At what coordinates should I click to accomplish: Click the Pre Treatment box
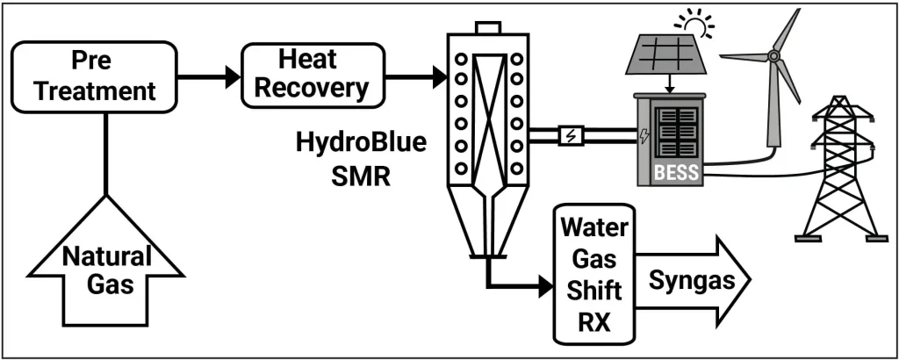pos(103,76)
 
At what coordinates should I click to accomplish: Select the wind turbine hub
pos(773,56)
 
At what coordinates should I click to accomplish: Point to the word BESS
pos(677,173)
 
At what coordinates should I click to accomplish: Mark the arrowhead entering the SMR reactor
pos(438,76)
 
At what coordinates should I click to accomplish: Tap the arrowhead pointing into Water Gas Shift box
pos(546,286)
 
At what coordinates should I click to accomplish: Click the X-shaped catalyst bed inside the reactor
pos(488,100)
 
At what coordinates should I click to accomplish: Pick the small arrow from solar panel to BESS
pos(670,87)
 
